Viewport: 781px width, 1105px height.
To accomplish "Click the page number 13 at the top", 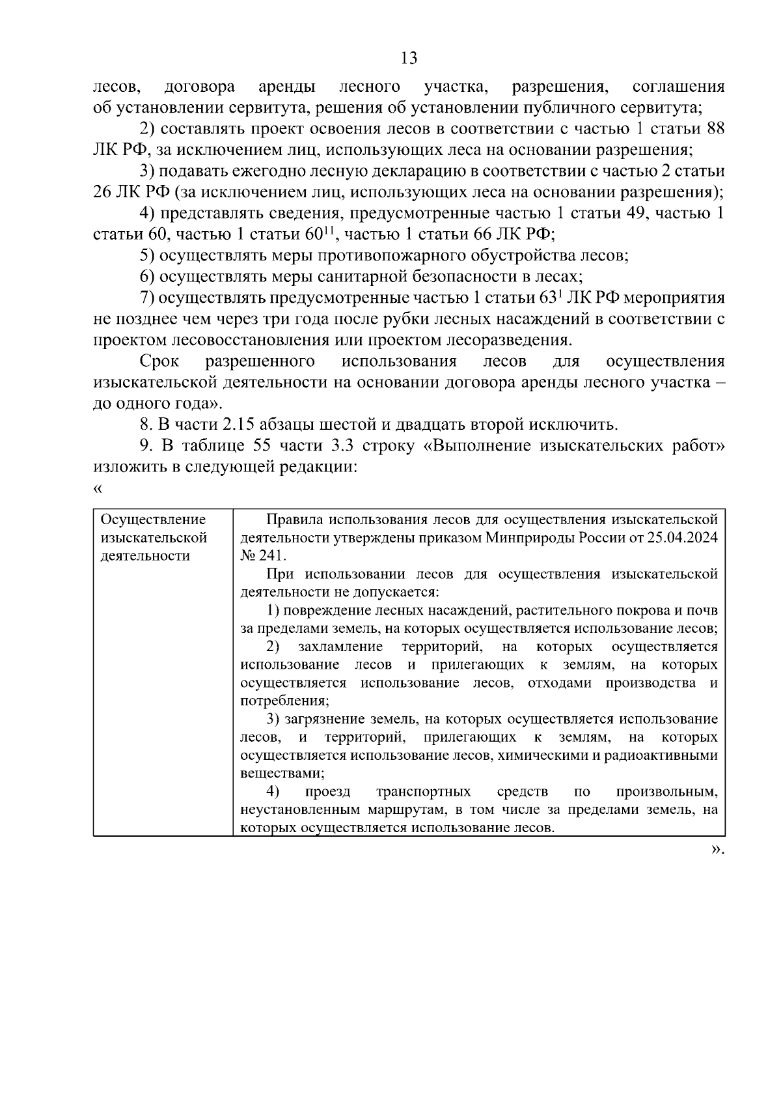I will (x=409, y=59).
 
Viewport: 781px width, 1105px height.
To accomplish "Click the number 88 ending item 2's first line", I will (x=715, y=129).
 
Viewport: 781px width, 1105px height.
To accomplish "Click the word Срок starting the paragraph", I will (x=159, y=361).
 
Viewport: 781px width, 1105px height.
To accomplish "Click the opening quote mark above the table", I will (x=98, y=488).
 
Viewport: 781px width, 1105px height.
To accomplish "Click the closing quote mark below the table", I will (x=717, y=849).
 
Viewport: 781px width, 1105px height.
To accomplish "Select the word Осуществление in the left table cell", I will (x=153, y=520).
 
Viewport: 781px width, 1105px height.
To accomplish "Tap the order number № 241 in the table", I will (x=262, y=556).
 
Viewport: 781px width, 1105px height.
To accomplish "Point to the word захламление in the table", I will (x=340, y=647).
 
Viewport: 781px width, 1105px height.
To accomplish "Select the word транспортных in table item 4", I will (x=424, y=792).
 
